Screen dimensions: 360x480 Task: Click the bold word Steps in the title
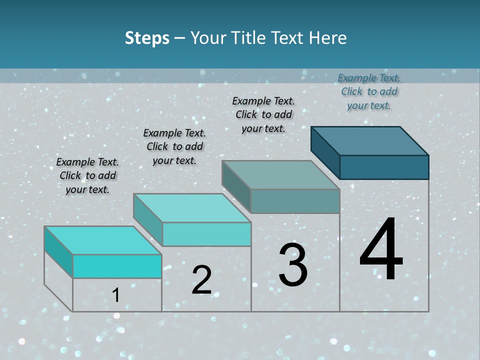pyautogui.click(x=147, y=38)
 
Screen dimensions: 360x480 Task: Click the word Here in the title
pyautogui.click(x=328, y=38)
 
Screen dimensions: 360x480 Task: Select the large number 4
pyautogui.click(x=381, y=250)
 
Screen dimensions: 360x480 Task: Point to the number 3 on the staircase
pyautogui.click(x=292, y=265)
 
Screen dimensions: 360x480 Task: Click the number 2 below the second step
pyautogui.click(x=201, y=280)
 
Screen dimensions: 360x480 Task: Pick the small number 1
pyautogui.click(x=115, y=295)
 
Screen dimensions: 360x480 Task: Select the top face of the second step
pyautogui.click(x=192, y=208)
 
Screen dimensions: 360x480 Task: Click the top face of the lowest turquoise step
pyautogui.click(x=103, y=240)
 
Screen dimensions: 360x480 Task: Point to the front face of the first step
pyautogui.click(x=117, y=266)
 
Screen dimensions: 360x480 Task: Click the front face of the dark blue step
pyautogui.click(x=384, y=167)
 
